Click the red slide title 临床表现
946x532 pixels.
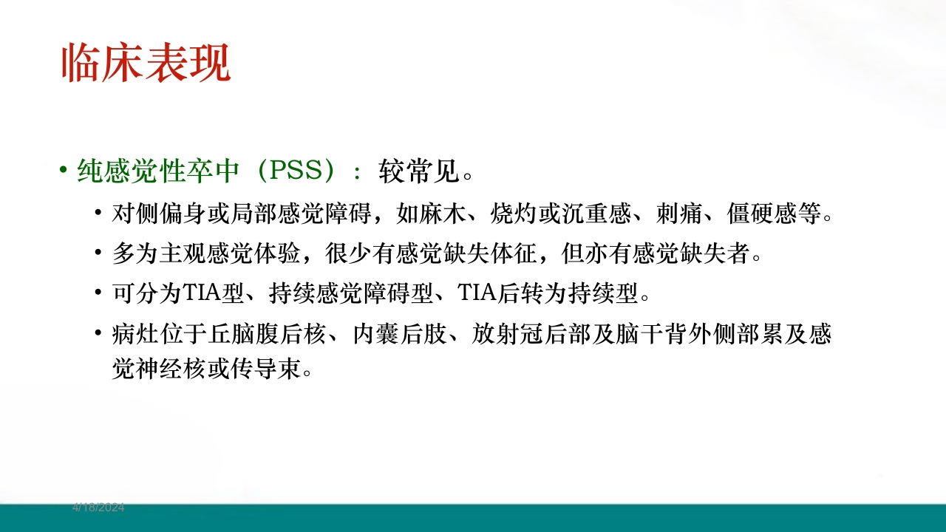click(146, 63)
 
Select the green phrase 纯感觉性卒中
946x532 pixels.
click(159, 171)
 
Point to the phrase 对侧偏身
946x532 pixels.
click(147, 215)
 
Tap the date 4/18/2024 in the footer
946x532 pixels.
click(98, 508)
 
